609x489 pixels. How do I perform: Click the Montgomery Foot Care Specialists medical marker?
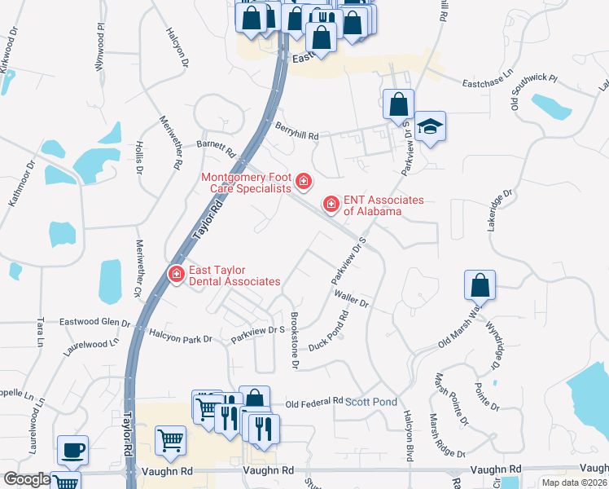pyautogui.click(x=304, y=180)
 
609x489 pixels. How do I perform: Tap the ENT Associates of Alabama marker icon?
pyautogui.click(x=331, y=203)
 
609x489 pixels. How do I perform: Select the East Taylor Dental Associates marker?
pyautogui.click(x=175, y=274)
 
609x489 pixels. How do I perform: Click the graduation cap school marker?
pyautogui.click(x=430, y=126)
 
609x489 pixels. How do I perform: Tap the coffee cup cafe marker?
pyautogui.click(x=72, y=449)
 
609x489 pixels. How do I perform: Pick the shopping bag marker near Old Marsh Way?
pyautogui.click(x=480, y=284)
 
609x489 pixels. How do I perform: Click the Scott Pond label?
pyautogui.click(x=371, y=403)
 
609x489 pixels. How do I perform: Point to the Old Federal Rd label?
pyautogui.click(x=314, y=403)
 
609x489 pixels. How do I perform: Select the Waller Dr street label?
pyautogui.click(x=352, y=302)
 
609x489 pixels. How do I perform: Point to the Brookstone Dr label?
pyautogui.click(x=295, y=341)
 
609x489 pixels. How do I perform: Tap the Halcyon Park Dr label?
pyautogui.click(x=180, y=334)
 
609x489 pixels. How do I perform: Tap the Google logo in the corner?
pyautogui.click(x=26, y=479)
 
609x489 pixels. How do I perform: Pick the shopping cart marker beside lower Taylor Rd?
pyautogui.click(x=171, y=441)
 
